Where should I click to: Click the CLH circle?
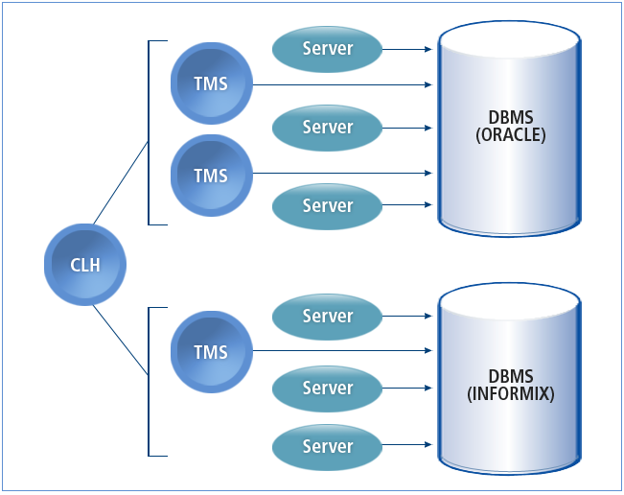pyautogui.click(x=84, y=265)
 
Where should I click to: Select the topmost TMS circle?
pyautogui.click(x=211, y=83)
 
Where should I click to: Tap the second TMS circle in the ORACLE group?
pyautogui.click(x=211, y=176)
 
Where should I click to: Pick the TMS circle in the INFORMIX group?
pyautogui.click(x=211, y=352)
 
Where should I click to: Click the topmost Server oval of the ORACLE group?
pyautogui.click(x=328, y=48)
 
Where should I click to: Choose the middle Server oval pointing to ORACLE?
pyautogui.click(x=328, y=127)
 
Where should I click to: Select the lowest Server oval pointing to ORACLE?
pyautogui.click(x=328, y=205)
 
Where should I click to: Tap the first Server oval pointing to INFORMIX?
pyautogui.click(x=328, y=316)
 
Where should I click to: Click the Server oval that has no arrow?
pyautogui.click(x=328, y=446)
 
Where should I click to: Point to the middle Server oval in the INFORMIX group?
pyautogui.click(x=328, y=388)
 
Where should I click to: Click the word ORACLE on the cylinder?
pyautogui.click(x=510, y=135)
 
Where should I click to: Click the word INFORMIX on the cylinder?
pyautogui.click(x=510, y=393)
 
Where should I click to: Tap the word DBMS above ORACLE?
pyautogui.click(x=510, y=118)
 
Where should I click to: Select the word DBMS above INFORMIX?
pyautogui.click(x=510, y=376)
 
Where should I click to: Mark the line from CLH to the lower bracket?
pyautogui.click(x=121, y=341)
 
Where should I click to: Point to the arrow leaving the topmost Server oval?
pyautogui.click(x=406, y=48)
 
